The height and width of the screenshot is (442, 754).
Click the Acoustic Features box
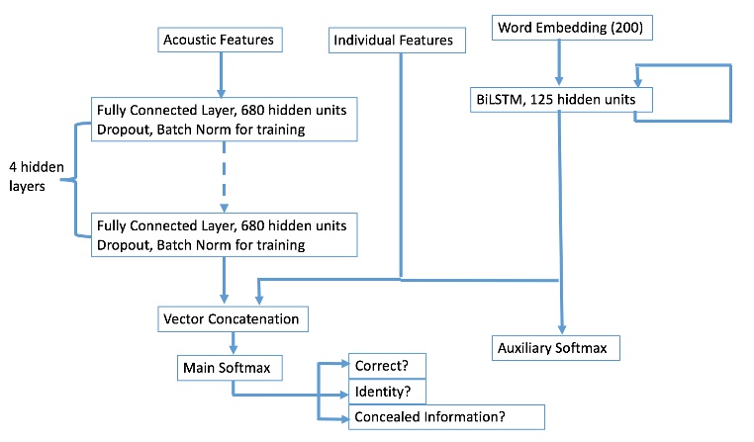(x=219, y=41)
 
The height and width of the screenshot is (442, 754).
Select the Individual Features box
(x=393, y=41)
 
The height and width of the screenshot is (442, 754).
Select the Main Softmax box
(x=230, y=368)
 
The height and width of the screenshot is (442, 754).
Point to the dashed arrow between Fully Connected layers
(x=224, y=175)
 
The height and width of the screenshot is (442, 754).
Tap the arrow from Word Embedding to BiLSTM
(x=561, y=63)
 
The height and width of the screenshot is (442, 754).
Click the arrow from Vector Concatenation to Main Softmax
(x=234, y=343)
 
